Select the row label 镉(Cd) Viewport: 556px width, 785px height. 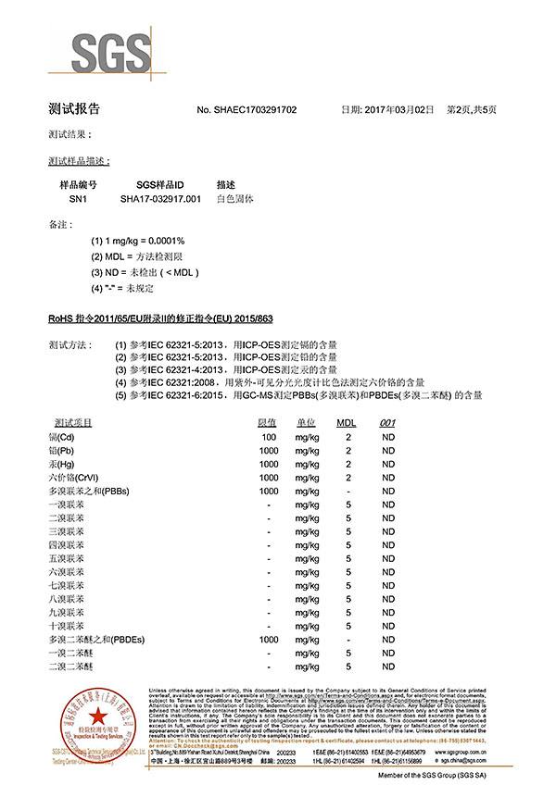[63, 436]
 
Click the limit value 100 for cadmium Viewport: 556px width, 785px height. [269, 436]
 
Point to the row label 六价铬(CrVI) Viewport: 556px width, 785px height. [72, 476]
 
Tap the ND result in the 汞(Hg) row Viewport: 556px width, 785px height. [388, 463]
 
